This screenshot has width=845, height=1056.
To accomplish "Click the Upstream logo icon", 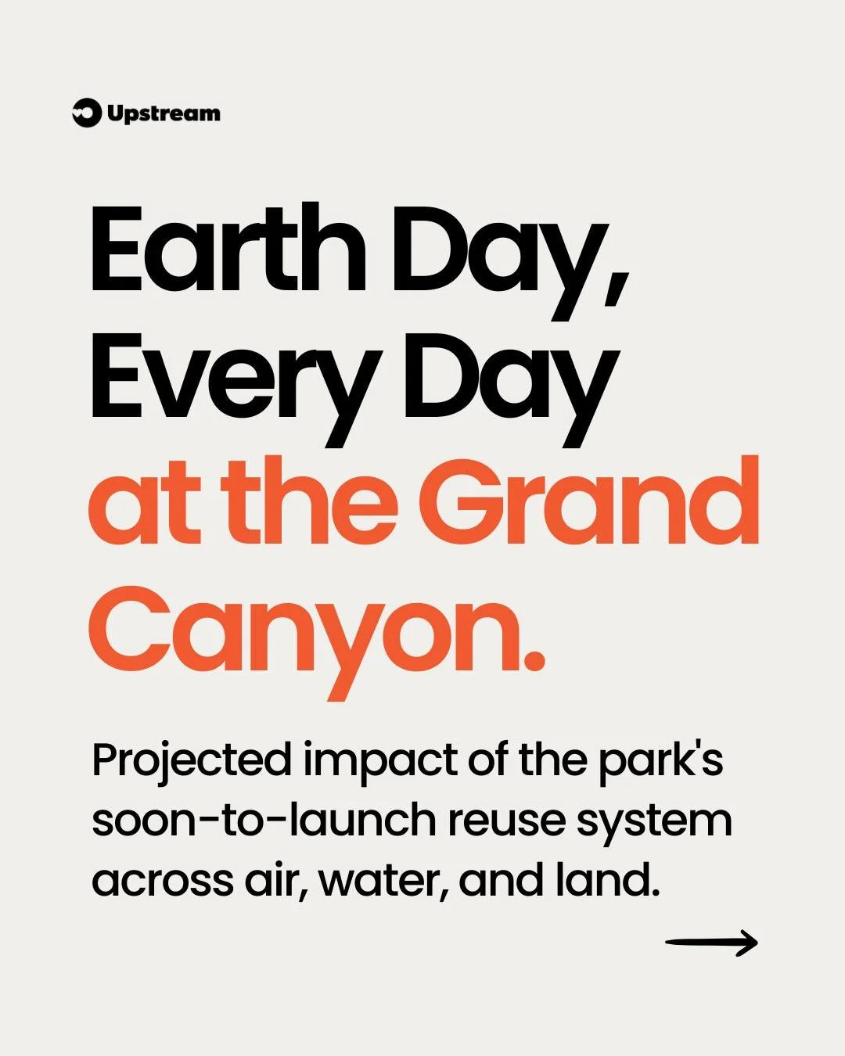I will (x=86, y=113).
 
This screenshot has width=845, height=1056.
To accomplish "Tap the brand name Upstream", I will (x=164, y=114).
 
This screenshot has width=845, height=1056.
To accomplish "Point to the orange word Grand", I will (x=593, y=504).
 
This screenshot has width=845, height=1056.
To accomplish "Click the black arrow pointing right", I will (x=711, y=943).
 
